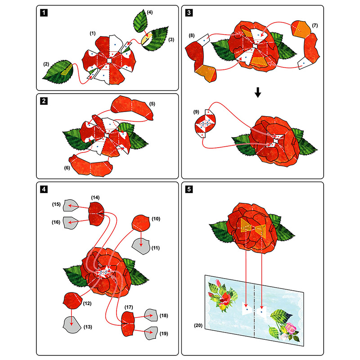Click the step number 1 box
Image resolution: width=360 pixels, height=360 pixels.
(43, 13)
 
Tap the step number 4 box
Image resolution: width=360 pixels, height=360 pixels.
(43, 189)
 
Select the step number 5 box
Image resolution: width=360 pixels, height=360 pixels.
(189, 189)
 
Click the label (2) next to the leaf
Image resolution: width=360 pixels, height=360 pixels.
(46, 64)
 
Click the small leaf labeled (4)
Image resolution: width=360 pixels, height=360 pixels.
(142, 20)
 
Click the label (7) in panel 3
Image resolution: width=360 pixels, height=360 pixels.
(315, 25)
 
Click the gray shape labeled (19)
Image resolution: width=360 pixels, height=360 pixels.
(151, 333)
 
